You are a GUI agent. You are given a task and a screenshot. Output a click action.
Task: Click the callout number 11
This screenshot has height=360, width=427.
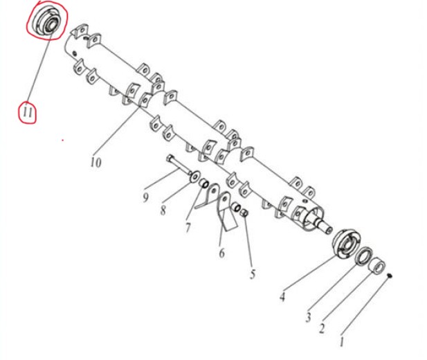coord(28,112)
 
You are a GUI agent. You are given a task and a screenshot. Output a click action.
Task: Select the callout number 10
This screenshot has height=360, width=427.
coord(96,163)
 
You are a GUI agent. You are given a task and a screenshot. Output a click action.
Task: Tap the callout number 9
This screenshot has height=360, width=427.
coord(146,197)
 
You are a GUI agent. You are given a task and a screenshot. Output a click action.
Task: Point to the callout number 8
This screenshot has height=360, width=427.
coord(163,210)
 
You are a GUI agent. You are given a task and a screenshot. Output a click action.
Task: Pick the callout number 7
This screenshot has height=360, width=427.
coord(188,227)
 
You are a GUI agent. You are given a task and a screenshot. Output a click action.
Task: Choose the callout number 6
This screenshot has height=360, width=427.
coord(222,253)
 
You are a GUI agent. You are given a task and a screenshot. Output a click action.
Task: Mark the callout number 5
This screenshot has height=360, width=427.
coord(253,274)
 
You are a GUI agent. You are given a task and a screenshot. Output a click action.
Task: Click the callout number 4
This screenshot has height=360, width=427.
coord(282,296)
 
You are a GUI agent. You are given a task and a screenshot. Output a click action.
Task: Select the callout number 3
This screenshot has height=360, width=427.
coord(308,317)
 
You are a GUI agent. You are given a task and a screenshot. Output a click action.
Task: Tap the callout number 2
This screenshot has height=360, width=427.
coord(322,329)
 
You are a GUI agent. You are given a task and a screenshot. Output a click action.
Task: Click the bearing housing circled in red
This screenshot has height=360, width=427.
coord(46,21)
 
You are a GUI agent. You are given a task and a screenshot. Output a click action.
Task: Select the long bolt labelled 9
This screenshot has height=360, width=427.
coord(179,165)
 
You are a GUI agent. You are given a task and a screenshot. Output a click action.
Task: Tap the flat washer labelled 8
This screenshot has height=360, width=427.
coord(194,177)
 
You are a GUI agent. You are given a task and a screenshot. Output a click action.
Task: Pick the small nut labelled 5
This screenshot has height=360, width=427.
coord(244,213)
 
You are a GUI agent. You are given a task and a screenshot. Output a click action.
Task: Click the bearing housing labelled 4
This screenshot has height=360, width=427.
coord(345,244)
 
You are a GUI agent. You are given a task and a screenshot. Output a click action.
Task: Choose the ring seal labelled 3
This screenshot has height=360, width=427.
coord(364,256)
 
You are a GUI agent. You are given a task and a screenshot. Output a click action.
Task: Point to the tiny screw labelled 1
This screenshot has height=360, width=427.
coord(390,276)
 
